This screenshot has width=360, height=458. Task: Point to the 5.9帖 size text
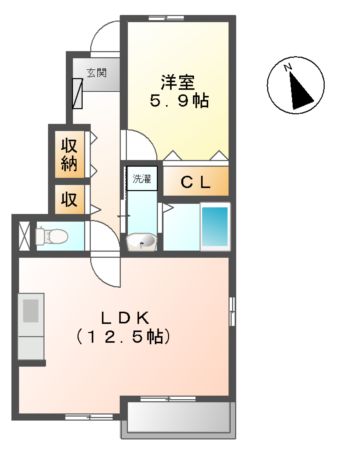click(180, 101)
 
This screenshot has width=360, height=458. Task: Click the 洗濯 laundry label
click(142, 179)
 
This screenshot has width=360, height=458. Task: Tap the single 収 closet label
click(68, 198)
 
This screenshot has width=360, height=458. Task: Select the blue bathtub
click(215, 227)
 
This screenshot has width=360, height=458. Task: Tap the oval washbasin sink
click(143, 241)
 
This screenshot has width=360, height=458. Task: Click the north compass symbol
click(296, 88)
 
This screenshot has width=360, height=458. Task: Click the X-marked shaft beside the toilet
click(23, 235)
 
